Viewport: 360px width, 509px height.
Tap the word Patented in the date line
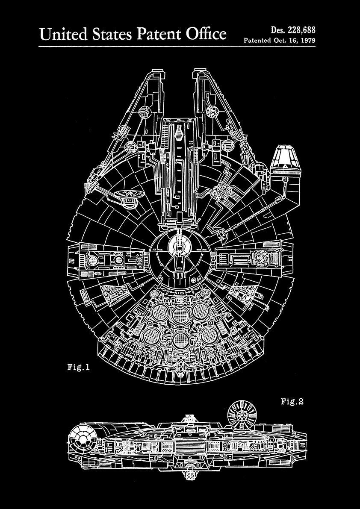point(257,41)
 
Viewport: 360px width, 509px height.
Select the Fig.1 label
point(78,367)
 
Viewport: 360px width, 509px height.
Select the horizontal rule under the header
point(180,47)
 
